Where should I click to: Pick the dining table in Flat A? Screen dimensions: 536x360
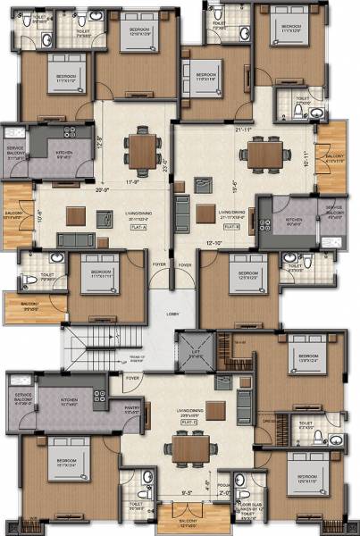click(141, 148)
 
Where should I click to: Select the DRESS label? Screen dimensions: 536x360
click(267, 418)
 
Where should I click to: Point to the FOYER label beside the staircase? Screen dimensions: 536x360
click(132, 378)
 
